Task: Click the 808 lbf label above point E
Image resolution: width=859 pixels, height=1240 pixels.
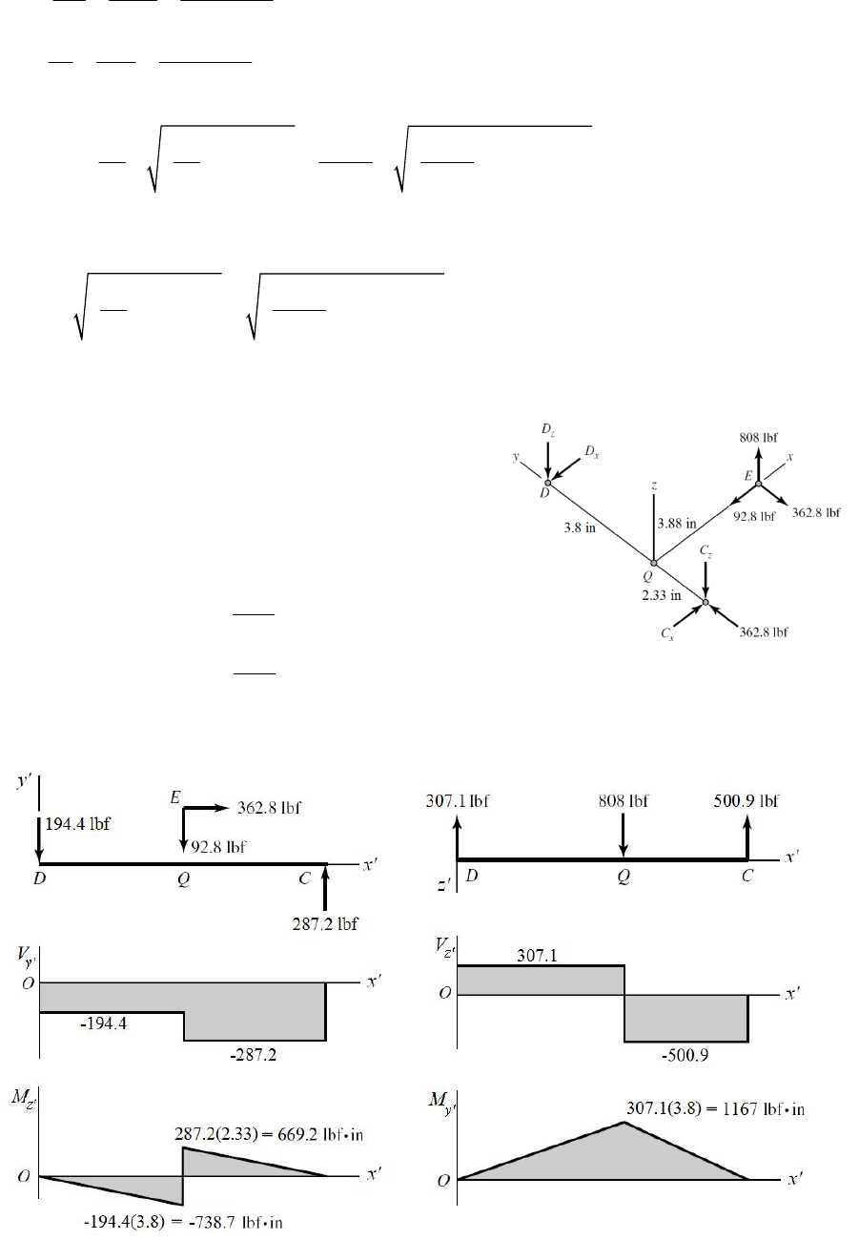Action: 759,437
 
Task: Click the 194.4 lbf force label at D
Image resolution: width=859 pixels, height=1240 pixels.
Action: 77,825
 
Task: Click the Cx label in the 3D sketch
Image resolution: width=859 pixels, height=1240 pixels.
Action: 670,634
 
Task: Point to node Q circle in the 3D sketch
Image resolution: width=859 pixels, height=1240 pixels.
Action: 653,564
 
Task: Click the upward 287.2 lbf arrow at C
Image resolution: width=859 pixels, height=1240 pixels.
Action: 326,888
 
